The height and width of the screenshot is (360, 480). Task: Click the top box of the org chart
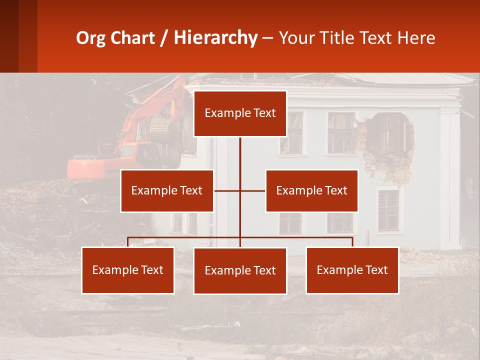pyautogui.click(x=240, y=113)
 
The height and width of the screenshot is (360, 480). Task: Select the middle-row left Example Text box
pyautogui.click(x=167, y=190)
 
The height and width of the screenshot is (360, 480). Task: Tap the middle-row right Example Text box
pyautogui.click(x=311, y=190)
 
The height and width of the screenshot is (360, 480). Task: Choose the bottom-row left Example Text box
pyautogui.click(x=128, y=270)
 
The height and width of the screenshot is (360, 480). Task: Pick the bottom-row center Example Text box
pyautogui.click(x=240, y=270)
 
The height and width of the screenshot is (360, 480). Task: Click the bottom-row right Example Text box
pyautogui.click(x=352, y=270)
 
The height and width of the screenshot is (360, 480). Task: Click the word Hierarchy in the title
pyautogui.click(x=215, y=38)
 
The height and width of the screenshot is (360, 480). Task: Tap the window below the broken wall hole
pyautogui.click(x=388, y=210)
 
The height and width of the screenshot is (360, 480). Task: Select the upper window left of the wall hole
pyautogui.click(x=340, y=132)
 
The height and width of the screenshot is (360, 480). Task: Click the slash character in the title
pyautogui.click(x=164, y=38)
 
